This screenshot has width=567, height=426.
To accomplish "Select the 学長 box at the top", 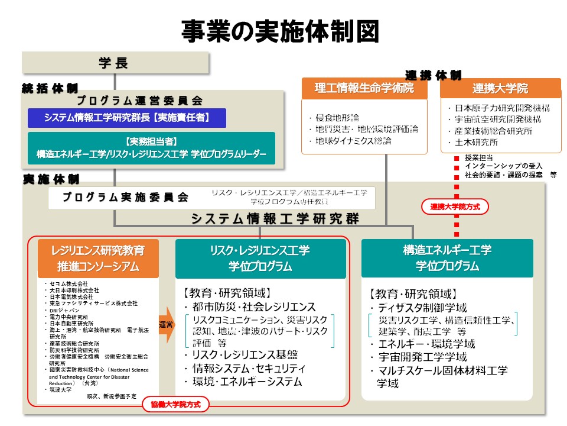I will pyautogui.click(x=115, y=63).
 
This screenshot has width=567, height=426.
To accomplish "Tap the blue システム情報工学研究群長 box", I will pyautogui.click(x=127, y=118).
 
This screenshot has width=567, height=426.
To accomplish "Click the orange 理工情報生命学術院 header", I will pyautogui.click(x=364, y=89).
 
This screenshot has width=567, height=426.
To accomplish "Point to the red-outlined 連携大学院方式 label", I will pyautogui.click(x=454, y=207).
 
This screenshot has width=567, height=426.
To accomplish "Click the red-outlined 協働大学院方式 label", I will pyautogui.click(x=175, y=405).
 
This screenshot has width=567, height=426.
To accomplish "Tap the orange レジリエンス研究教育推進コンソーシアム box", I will pyautogui.click(x=98, y=259).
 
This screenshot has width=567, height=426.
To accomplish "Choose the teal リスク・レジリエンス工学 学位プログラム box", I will pyautogui.click(x=260, y=259).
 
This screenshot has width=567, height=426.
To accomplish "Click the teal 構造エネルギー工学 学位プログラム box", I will pyautogui.click(x=447, y=259).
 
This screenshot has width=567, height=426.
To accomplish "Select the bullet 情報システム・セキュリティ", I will pyautogui.click(x=245, y=368).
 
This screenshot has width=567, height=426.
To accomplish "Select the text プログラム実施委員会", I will pyautogui.click(x=125, y=197).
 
